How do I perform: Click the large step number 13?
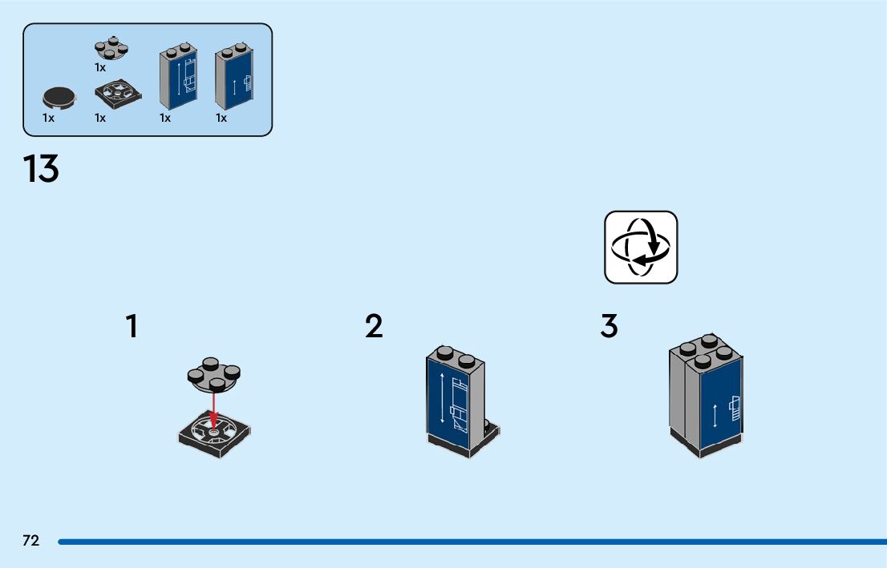pos(41,169)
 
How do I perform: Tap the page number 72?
pos(30,541)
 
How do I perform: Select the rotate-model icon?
pos(641,247)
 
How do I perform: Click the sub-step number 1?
pos(132,326)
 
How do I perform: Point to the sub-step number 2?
pos(374,326)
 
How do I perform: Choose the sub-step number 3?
pos(610,326)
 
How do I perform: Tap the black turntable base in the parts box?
pos(119,95)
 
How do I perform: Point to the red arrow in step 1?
pos(214,409)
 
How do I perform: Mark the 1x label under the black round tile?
pos(49,118)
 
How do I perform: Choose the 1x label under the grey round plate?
pos(100,67)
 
